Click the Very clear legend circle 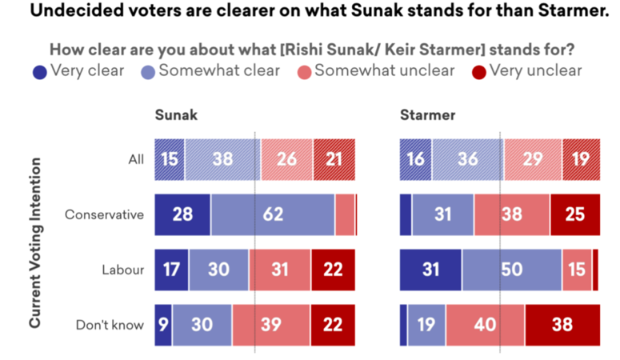coord(39,71)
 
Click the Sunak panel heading coord(176,115)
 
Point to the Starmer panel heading coord(427,115)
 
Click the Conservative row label coord(104,214)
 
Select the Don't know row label coord(110,325)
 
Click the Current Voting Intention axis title coord(36,242)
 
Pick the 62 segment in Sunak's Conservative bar coord(272,214)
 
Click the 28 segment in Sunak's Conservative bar coord(183,214)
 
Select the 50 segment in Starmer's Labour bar coord(511,270)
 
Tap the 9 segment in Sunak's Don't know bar coord(163,325)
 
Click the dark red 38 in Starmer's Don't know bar coord(562,325)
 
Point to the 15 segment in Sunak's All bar coord(170,159)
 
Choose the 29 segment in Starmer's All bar coord(533,159)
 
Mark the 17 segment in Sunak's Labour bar coord(172,270)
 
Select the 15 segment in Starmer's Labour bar coord(577,270)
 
